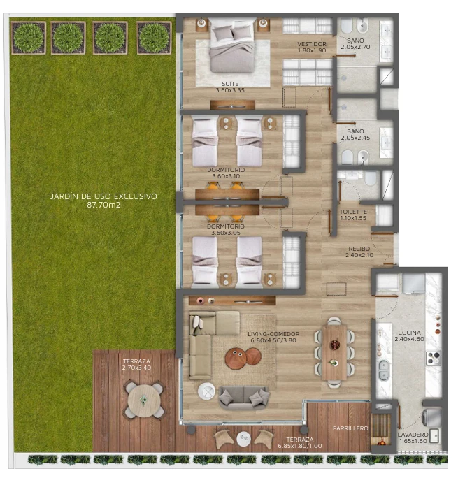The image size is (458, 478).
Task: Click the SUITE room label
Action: click(x=230, y=84)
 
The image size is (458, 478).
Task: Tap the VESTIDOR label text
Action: click(x=312, y=44)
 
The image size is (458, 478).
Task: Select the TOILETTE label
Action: click(x=353, y=212)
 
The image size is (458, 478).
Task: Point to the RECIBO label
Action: click(x=359, y=249)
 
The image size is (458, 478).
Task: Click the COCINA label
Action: click(x=409, y=333)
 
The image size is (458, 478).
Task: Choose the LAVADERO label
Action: click(x=413, y=435)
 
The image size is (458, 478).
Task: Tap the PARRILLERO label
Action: click(x=350, y=428)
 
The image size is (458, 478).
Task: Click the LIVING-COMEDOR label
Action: click(x=273, y=334)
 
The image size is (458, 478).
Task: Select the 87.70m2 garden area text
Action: click(x=103, y=205)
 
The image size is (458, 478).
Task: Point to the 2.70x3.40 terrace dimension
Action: click(x=136, y=368)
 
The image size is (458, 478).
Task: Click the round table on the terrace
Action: click(x=144, y=400)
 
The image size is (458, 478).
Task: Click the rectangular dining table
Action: click(x=334, y=353)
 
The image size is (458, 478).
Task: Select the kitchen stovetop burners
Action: click(x=434, y=358)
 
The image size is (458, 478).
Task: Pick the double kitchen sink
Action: click(x=384, y=370)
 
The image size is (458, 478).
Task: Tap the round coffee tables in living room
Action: click(x=243, y=357)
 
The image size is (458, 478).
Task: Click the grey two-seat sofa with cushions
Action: click(x=244, y=398)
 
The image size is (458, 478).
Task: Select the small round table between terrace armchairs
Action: click(x=243, y=439)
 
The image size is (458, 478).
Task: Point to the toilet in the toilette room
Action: click(x=371, y=178)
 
